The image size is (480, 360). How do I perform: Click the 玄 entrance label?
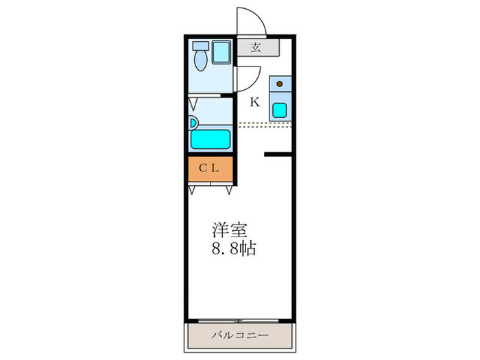[255, 47]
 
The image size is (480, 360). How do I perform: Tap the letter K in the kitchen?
[255, 103]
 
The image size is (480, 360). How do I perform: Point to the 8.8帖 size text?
[233, 249]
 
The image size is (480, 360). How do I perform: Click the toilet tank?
[200, 45]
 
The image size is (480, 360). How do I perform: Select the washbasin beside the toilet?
[221, 53]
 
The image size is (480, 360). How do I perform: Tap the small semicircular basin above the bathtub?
[194, 123]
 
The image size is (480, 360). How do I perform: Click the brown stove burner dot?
[279, 84]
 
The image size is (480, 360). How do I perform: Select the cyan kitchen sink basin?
[280, 110]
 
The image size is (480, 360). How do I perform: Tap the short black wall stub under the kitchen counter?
[278, 155]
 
